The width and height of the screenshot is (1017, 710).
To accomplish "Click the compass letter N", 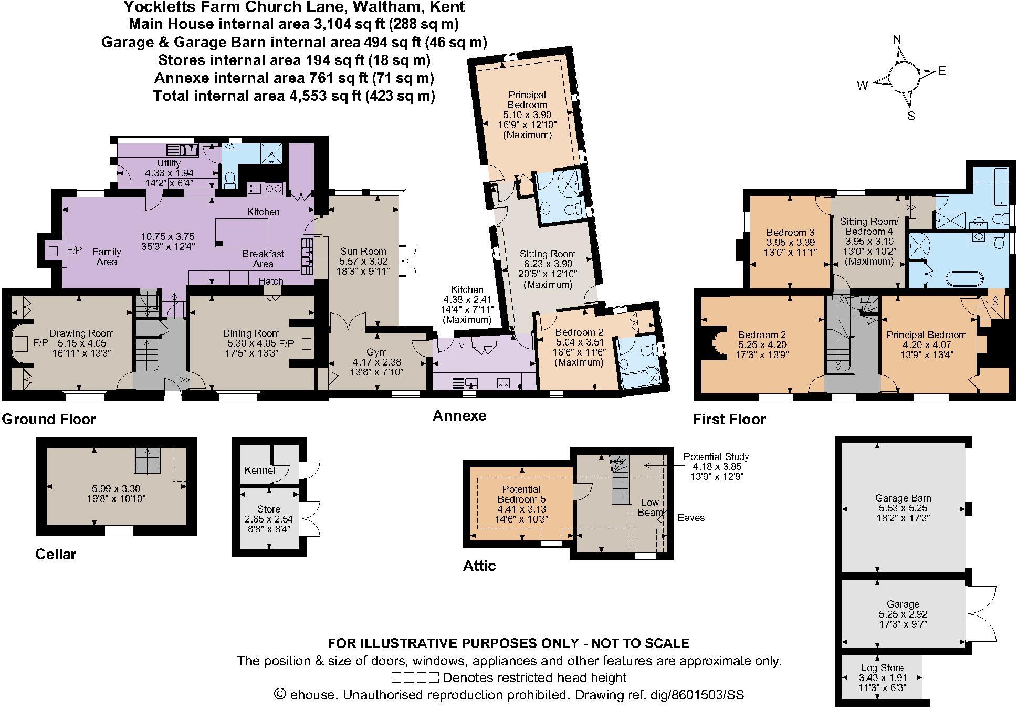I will click(897, 40).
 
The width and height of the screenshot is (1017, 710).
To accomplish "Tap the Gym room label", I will click(376, 352).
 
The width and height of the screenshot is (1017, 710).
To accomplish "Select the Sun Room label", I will click(363, 252).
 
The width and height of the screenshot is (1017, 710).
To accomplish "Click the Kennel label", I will click(259, 470).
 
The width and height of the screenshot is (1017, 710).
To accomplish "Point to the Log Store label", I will click(882, 668).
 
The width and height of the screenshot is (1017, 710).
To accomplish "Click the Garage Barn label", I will click(903, 498).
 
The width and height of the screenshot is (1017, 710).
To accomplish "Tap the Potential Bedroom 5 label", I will click(521, 494).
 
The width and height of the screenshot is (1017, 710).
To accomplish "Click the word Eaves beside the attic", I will click(691, 518).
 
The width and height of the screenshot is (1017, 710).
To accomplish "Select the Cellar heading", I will click(56, 554).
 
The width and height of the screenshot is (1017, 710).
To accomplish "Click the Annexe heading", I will click(459, 416).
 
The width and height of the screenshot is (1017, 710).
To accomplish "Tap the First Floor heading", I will click(729, 419).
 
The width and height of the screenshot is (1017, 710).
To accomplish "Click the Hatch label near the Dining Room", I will click(270, 281).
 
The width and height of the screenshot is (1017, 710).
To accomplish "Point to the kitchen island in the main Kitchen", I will click(242, 233).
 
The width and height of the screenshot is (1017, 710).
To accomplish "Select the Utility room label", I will click(169, 163).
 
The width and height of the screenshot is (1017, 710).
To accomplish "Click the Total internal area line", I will click(294, 96).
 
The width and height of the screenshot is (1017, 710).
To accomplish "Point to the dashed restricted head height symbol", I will click(415, 677).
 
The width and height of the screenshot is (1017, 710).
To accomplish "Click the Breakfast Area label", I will click(263, 258).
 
